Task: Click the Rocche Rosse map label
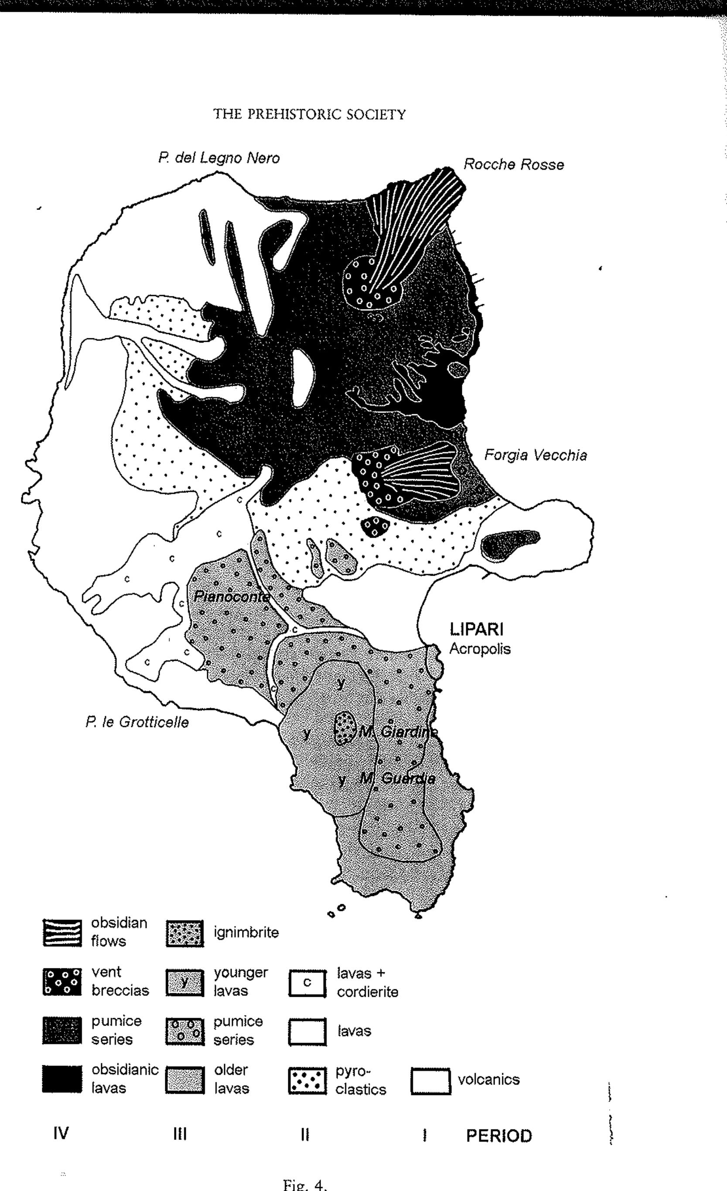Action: [513, 165]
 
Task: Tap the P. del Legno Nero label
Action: [219, 158]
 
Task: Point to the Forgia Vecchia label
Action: [535, 455]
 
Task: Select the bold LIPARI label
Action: [476, 630]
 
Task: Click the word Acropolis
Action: [480, 649]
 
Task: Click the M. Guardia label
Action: [398, 779]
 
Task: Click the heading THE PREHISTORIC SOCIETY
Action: [310, 114]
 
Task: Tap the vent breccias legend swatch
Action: [61, 982]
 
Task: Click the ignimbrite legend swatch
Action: [184, 934]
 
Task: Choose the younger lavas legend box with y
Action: [184, 982]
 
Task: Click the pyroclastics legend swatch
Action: [307, 1080]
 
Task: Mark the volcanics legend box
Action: [430, 1080]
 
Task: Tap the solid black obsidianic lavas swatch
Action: [61, 1079]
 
